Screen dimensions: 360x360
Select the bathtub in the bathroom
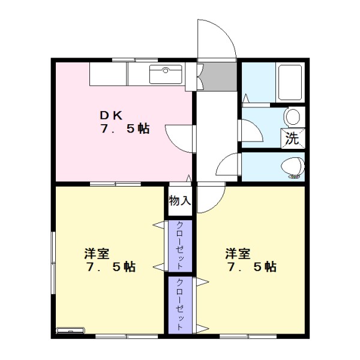pyautogui.click(x=290, y=82)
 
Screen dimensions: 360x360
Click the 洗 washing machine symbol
pyautogui.click(x=292, y=138)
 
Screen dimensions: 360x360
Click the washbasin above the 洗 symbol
pyautogui.click(x=293, y=116)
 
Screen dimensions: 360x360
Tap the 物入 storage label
pyautogui.click(x=179, y=200)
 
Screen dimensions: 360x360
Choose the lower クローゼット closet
pyautogui.click(x=180, y=304)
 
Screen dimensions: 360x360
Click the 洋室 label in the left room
pyautogui.click(x=96, y=253)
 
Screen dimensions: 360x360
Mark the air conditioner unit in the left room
pyautogui.click(x=71, y=331)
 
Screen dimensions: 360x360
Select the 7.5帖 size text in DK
pyautogui.click(x=125, y=129)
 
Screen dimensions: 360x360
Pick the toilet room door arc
pyautogui.click(x=228, y=164)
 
